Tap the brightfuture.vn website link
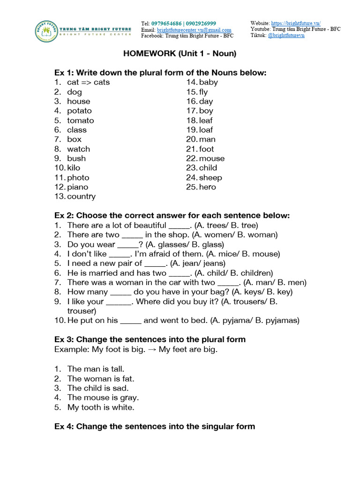(296, 23)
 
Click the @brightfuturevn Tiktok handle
(286, 35)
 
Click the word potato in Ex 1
(79, 111)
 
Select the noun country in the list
(81, 196)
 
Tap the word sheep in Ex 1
(210, 177)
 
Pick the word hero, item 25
(208, 187)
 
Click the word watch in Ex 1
(78, 149)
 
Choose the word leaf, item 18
(206, 120)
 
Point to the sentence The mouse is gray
(103, 397)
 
